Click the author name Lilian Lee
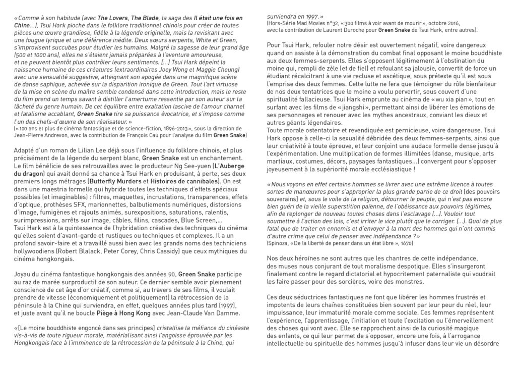(88, 150)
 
